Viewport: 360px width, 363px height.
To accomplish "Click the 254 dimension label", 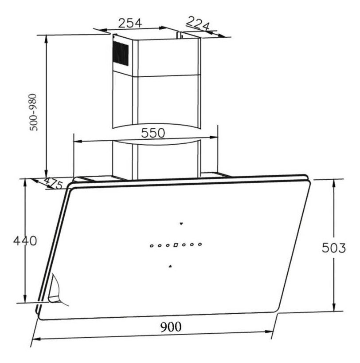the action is (130, 23).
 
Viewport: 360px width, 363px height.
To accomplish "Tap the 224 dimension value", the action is (198, 23).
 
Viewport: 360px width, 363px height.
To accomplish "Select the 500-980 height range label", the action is (34, 112).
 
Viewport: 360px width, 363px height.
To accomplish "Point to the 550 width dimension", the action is (153, 133).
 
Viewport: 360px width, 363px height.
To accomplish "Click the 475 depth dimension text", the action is (54, 184).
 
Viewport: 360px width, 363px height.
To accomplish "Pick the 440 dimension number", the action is (25, 241).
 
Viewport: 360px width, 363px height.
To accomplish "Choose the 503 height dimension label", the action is (334, 248).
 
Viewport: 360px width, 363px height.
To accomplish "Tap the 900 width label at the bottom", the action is (171, 327).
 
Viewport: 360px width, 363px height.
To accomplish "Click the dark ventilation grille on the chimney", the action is (121, 54).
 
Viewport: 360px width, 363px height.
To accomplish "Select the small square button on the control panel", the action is (176, 245).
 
